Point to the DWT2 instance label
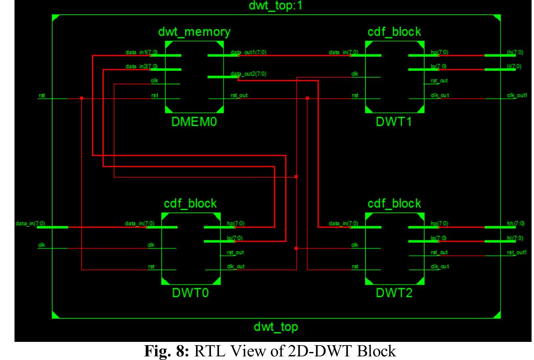tap(394, 293)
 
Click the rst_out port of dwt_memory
tap(236, 95)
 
